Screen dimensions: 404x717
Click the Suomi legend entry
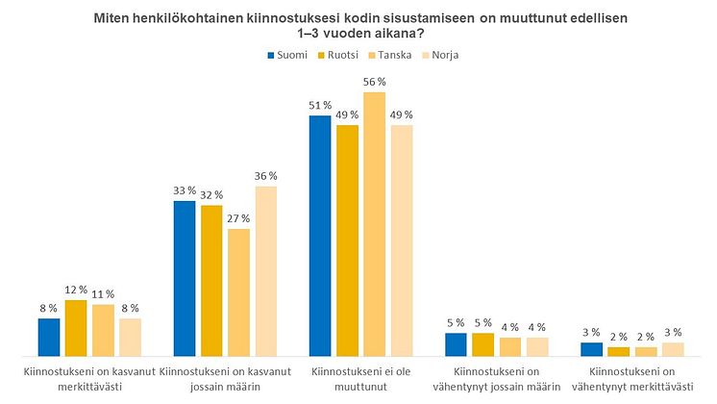(x=286, y=55)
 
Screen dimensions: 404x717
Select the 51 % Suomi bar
(x=319, y=235)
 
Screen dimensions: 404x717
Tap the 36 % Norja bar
(x=265, y=270)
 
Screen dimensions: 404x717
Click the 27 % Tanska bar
(x=238, y=292)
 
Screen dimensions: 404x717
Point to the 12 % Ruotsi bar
(x=76, y=327)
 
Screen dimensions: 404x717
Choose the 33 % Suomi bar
(x=184, y=278)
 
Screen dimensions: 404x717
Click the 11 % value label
(x=103, y=293)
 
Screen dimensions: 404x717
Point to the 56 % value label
(x=374, y=82)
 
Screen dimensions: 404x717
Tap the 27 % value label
(x=238, y=218)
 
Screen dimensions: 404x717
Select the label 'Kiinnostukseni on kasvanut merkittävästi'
(x=88, y=378)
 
